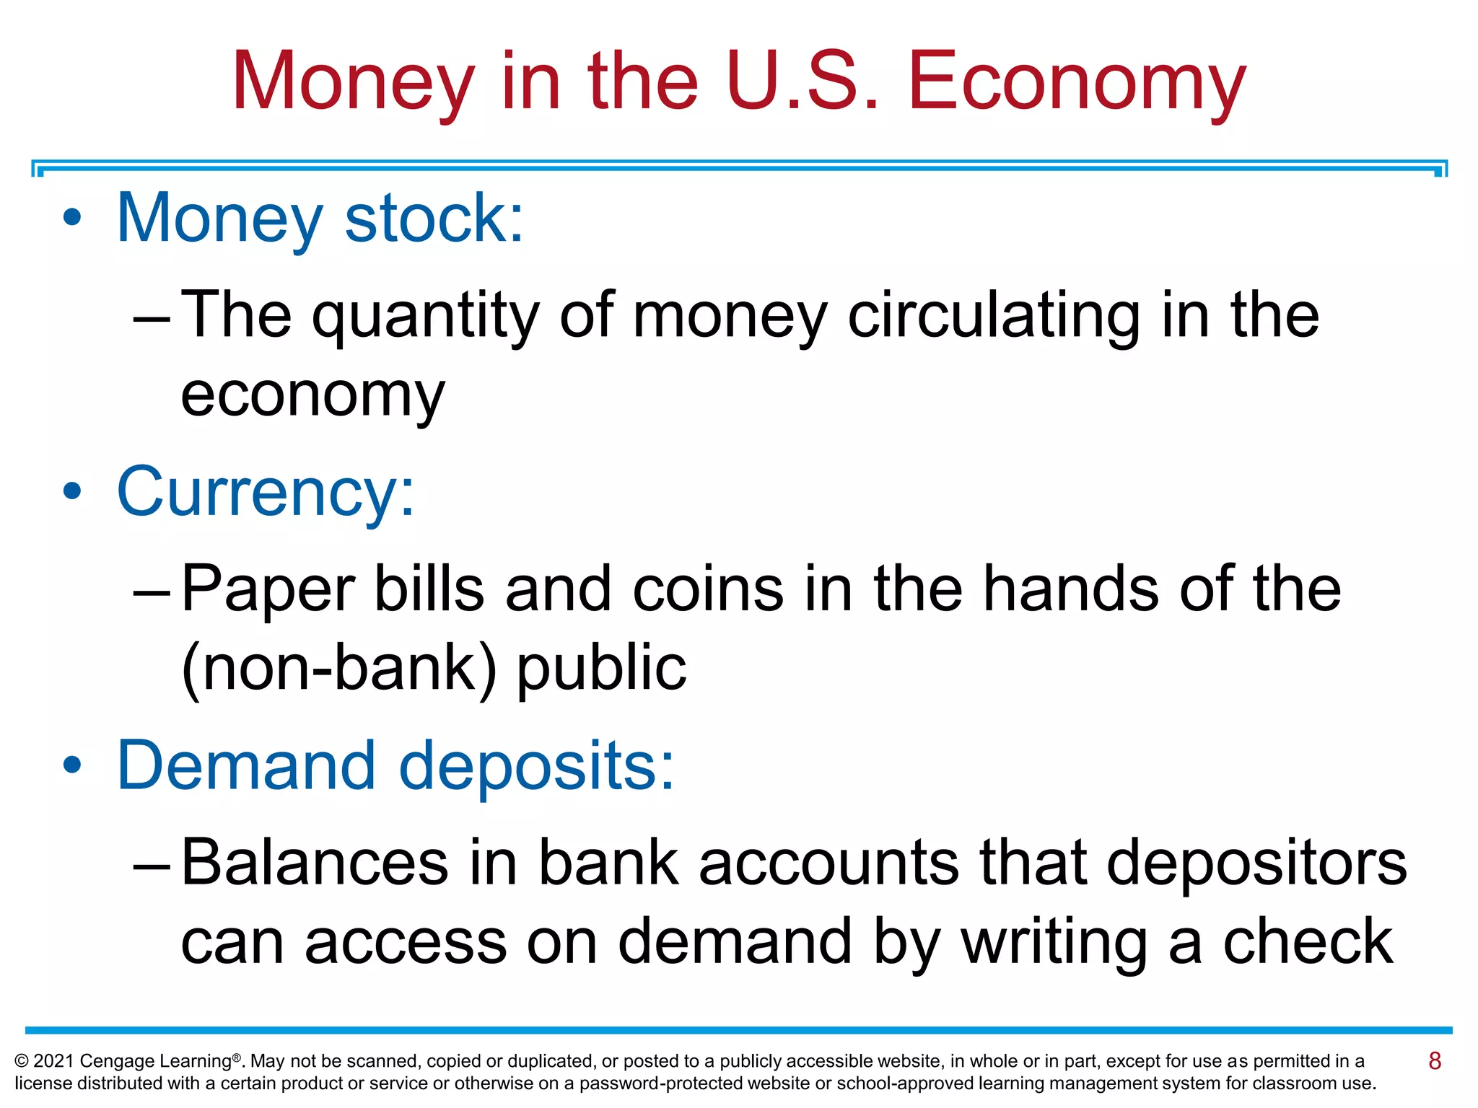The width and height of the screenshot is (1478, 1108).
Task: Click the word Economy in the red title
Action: click(x=1077, y=81)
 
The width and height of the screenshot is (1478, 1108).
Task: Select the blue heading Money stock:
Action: click(x=320, y=218)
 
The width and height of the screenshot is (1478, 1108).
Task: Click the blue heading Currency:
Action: click(x=266, y=492)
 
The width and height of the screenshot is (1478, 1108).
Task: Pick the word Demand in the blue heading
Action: click(x=246, y=765)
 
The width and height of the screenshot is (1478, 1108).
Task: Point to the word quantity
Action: click(x=425, y=316)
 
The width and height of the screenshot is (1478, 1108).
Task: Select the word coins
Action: click(x=708, y=589)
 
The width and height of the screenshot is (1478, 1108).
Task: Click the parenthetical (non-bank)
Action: click(x=339, y=668)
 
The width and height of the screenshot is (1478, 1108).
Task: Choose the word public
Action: click(x=601, y=668)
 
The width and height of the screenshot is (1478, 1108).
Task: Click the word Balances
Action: click(x=315, y=862)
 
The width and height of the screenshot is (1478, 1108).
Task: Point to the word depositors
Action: click(x=1256, y=863)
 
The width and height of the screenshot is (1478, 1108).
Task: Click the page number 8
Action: click(x=1434, y=1060)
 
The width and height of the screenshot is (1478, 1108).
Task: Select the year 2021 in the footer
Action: click(x=53, y=1061)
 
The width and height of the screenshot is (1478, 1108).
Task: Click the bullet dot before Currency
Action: click(x=71, y=491)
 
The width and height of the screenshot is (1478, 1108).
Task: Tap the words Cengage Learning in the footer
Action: click(x=156, y=1061)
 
